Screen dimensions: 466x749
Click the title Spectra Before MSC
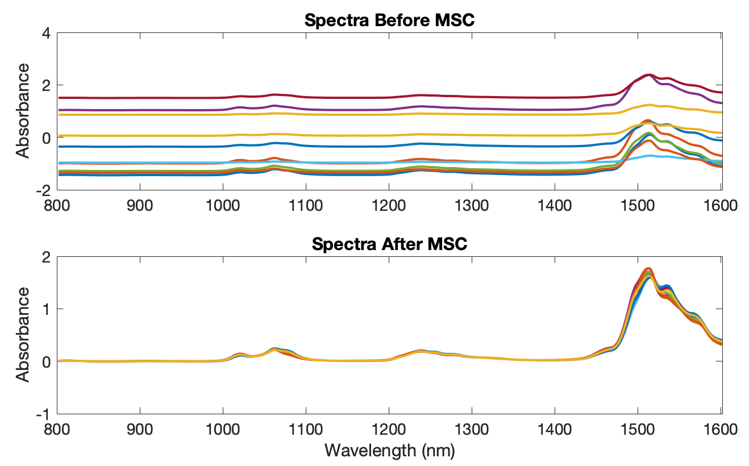pos(389,20)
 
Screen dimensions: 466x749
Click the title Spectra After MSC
pos(389,244)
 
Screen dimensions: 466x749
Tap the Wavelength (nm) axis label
pos(389,451)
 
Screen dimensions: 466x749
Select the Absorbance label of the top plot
pos(22,111)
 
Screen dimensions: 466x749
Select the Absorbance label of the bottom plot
pos(22,335)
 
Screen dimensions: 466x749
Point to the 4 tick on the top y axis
pos(47,34)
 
